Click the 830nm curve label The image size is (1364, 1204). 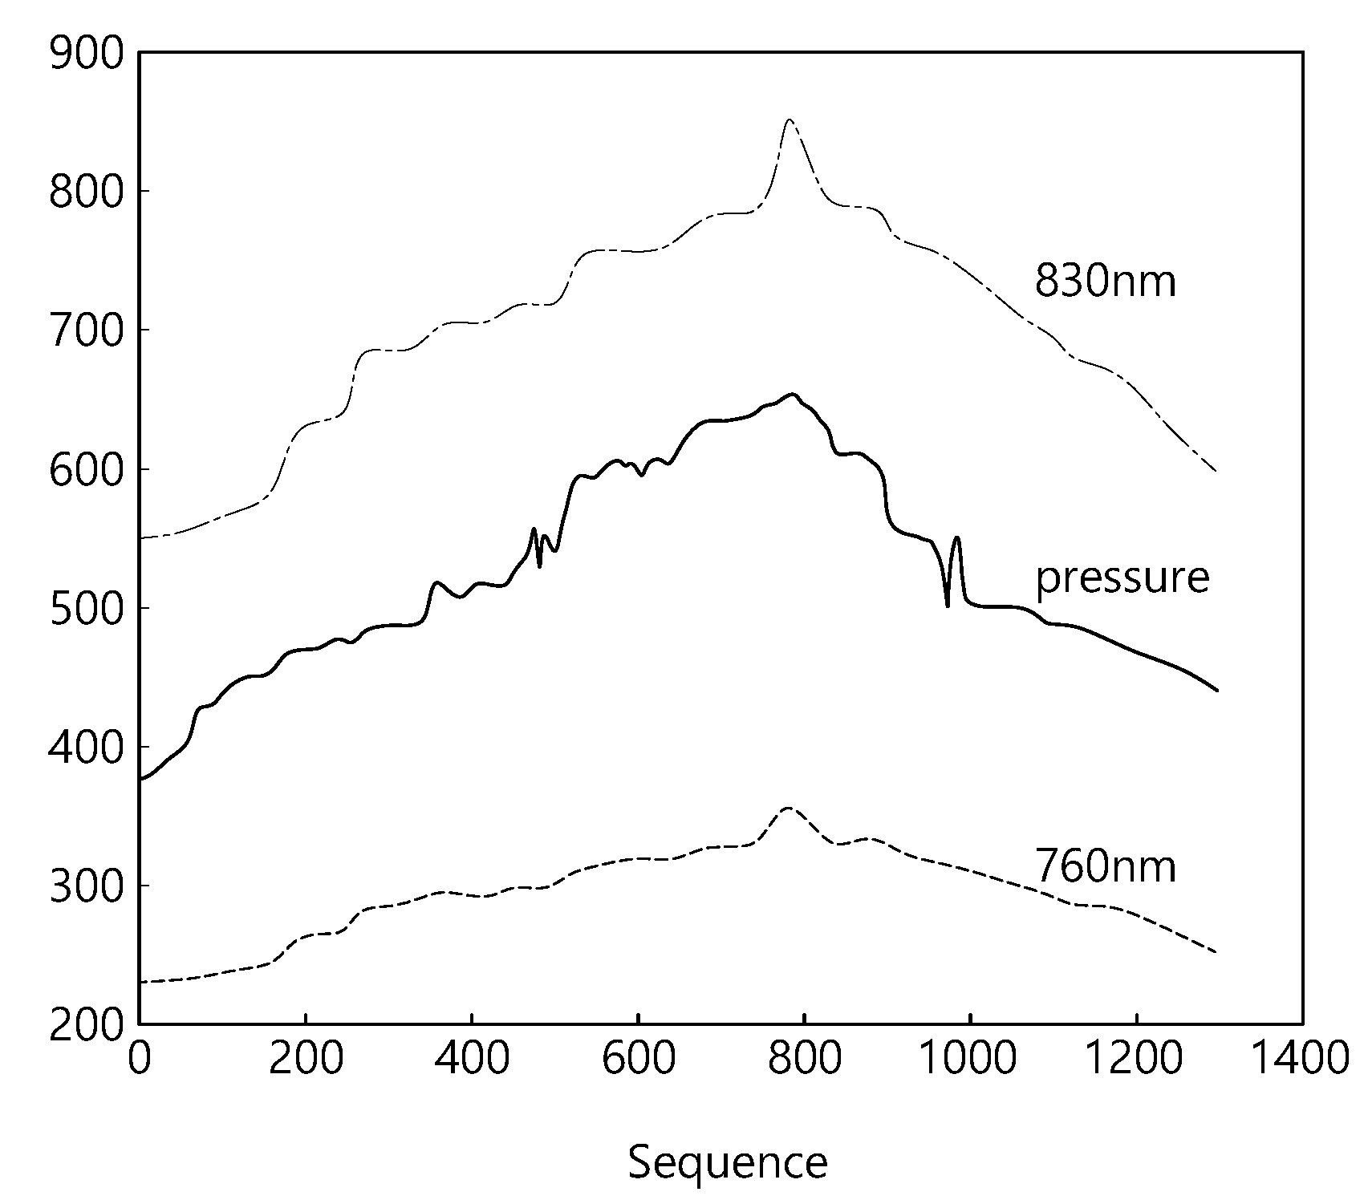(x=1105, y=282)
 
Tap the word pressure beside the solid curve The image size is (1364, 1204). (x=1122, y=578)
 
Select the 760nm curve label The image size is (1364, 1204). (x=1106, y=866)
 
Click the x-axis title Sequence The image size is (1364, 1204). (x=728, y=1163)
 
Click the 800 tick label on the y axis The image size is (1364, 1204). (x=87, y=193)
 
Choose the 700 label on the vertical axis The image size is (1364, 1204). (x=87, y=330)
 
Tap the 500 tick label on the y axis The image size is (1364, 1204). (x=87, y=608)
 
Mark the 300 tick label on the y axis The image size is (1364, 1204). (x=87, y=886)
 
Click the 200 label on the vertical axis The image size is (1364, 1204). (x=87, y=1024)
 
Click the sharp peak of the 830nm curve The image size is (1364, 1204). (x=790, y=120)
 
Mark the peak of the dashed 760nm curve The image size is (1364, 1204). (x=788, y=808)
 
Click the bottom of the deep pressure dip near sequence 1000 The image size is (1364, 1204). (x=948, y=606)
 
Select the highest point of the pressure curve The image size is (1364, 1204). (x=793, y=394)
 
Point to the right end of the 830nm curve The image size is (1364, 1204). (x=1216, y=471)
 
